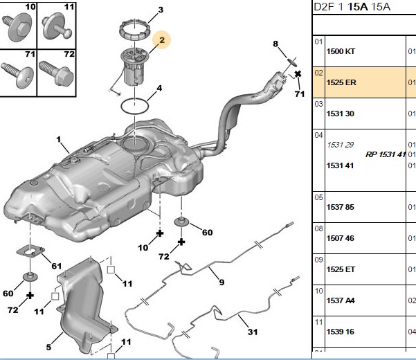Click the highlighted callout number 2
click(x=162, y=40)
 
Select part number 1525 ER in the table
click(x=341, y=82)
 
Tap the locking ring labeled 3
click(x=134, y=30)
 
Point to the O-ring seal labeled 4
click(x=134, y=107)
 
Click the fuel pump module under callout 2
click(x=134, y=66)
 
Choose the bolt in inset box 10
click(x=17, y=28)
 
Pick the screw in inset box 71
click(x=17, y=75)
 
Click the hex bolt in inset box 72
click(x=56, y=73)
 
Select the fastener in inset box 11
click(x=56, y=26)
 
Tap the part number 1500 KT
click(x=341, y=51)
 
